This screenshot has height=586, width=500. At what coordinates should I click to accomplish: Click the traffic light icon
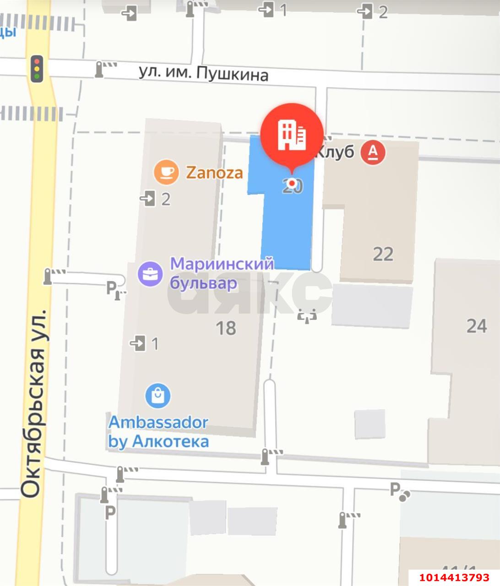point(37,69)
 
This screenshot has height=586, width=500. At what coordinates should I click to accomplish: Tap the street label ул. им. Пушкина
point(203,73)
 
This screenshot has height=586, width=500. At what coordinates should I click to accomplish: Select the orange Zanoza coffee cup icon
point(166,172)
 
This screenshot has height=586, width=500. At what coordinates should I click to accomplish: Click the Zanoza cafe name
point(214,173)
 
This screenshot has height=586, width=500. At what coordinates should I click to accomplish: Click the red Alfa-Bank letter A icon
point(373,152)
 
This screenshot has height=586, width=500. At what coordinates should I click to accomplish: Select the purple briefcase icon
point(150,274)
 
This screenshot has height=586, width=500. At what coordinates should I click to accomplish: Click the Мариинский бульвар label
point(222,274)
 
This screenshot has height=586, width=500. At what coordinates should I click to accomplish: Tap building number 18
point(226,328)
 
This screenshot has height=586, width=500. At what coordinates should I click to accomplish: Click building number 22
point(383,254)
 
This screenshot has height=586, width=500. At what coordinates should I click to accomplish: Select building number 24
point(476,326)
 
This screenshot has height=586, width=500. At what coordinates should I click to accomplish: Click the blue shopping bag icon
point(158,396)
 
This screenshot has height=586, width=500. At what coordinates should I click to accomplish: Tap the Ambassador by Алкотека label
point(158,432)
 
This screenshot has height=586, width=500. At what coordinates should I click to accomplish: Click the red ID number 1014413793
point(453,577)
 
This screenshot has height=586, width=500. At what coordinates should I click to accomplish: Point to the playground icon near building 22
point(307,315)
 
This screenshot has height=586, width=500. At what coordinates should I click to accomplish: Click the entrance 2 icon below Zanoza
point(148,199)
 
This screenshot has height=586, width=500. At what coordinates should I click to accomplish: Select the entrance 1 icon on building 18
point(138,343)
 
